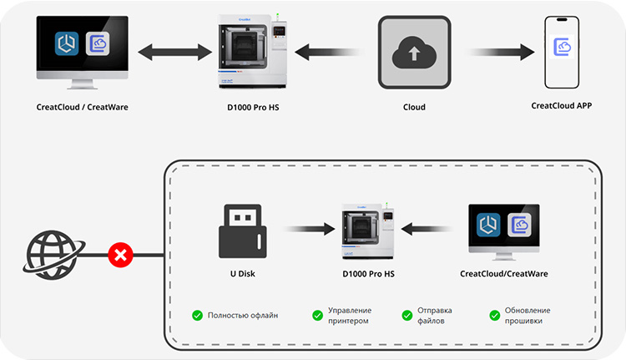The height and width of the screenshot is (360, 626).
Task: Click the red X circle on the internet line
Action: pyautogui.click(x=120, y=255)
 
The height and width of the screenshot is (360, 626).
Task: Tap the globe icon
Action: pyautogui.click(x=53, y=255)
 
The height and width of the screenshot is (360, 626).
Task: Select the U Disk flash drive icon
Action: pyautogui.click(x=242, y=231)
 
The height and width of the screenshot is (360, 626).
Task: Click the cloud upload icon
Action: pyautogui.click(x=414, y=52)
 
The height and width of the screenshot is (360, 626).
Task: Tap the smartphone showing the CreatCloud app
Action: pyautogui.click(x=562, y=52)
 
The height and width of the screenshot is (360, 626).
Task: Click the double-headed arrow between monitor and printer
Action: pyautogui.click(x=175, y=52)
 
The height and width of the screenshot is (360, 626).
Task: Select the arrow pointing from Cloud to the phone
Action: pyautogui.click(x=502, y=52)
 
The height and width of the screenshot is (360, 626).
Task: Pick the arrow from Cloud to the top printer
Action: pyautogui.click(x=329, y=52)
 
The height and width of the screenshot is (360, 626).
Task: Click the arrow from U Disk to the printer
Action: pyautogui.click(x=310, y=229)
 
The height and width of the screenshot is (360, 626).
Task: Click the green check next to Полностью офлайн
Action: pyautogui.click(x=197, y=315)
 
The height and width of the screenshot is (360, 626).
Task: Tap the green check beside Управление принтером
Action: pyautogui.click(x=317, y=315)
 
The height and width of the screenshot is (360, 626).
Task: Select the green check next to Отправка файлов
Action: pyautogui.click(x=406, y=315)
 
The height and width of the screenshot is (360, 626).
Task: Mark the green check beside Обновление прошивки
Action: pyautogui.click(x=495, y=315)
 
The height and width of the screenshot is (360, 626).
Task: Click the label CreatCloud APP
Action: pyautogui.click(x=562, y=105)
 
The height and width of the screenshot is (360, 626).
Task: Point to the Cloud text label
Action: pyautogui.click(x=414, y=107)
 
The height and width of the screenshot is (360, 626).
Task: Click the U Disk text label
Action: pyautogui.click(x=242, y=274)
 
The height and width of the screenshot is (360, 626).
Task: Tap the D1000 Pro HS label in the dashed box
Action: pyautogui.click(x=368, y=274)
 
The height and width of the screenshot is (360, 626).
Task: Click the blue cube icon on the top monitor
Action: pyautogui.click(x=66, y=43)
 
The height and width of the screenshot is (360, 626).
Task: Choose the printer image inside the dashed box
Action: pyautogui.click(x=368, y=231)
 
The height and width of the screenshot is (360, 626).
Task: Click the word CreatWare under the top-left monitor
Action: pyautogui.click(x=108, y=107)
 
